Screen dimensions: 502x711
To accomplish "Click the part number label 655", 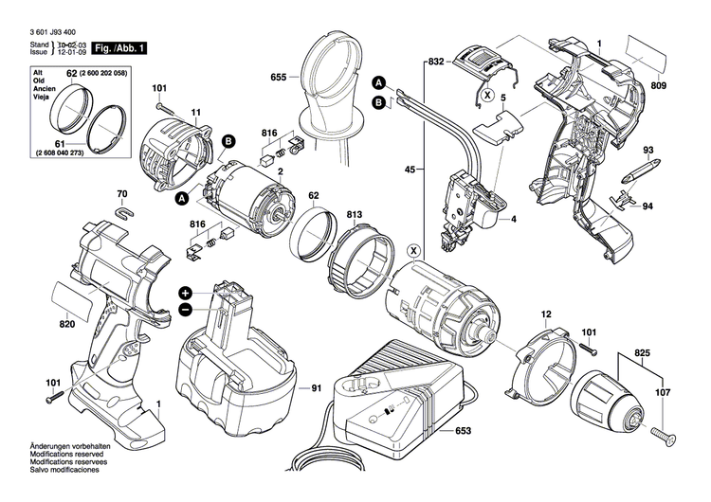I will point(278,77).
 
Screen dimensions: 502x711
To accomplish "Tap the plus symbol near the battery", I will point(186,294).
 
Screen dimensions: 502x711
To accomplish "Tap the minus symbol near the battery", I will point(186,310).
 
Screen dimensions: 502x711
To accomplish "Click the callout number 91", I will point(317,388).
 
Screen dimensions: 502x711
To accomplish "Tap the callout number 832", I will point(436,61).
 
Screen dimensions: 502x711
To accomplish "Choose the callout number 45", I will point(410,170).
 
